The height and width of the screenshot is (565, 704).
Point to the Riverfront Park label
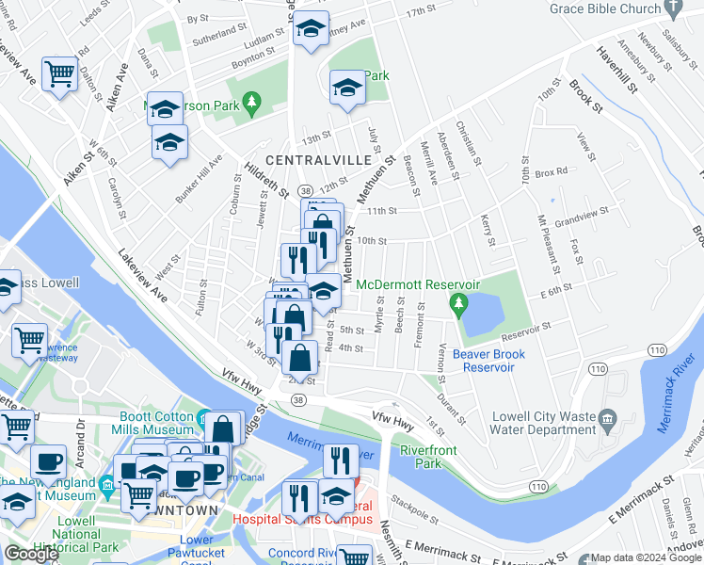click(x=428, y=457)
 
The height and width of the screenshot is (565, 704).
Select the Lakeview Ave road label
click(x=141, y=276)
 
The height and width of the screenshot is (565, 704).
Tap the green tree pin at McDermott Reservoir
click(x=458, y=303)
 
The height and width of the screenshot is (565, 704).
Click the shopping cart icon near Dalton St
click(x=59, y=72)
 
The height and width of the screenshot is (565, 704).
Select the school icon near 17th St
click(x=311, y=28)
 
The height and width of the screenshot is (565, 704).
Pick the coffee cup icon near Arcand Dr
click(x=48, y=462)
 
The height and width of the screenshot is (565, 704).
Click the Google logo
click(x=31, y=554)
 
